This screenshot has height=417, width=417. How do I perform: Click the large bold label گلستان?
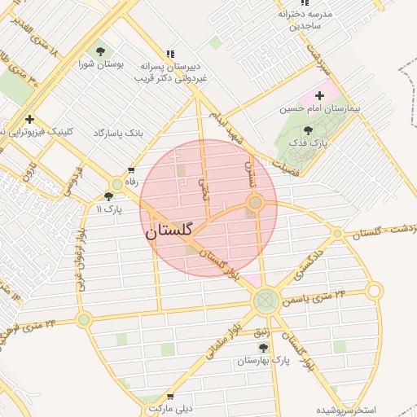pyautogui.click(x=169, y=231)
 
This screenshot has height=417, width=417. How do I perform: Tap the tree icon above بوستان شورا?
pyautogui.click(x=99, y=51)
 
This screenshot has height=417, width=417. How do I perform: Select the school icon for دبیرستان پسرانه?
pyautogui.click(x=169, y=53)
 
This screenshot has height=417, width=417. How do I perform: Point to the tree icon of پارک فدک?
pyautogui.click(x=308, y=130)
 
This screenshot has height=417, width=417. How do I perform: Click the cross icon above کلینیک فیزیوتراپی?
pyautogui.click(x=29, y=119)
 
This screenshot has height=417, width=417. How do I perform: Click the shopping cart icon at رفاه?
pyautogui.click(x=130, y=169)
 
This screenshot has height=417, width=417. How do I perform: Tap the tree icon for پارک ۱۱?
pyautogui.click(x=108, y=196)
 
